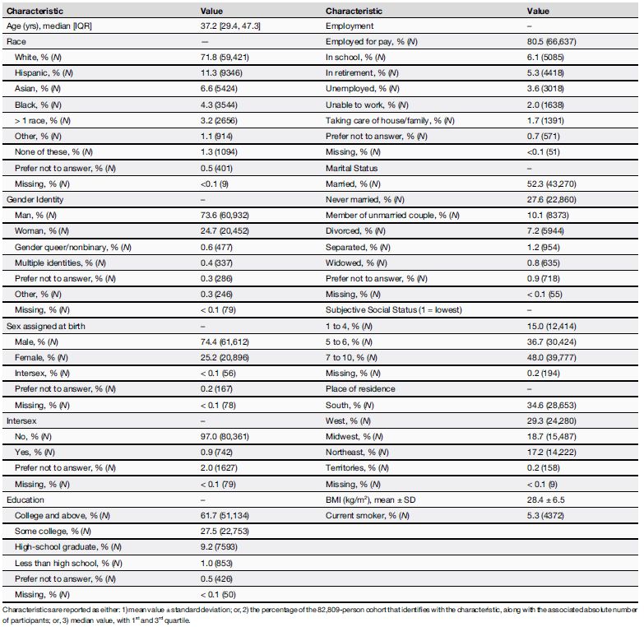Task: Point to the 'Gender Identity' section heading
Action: (34, 198)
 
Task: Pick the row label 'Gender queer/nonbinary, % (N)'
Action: (71, 247)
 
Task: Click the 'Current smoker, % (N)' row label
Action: (369, 514)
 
